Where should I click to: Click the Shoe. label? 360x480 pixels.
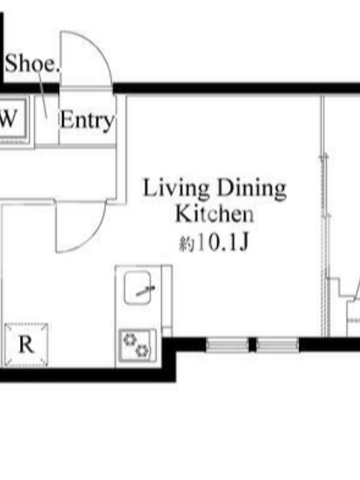coord(32,64)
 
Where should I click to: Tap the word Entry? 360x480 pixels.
coord(87,121)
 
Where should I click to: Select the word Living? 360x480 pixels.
coord(176,189)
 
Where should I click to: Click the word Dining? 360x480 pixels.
coord(251,189)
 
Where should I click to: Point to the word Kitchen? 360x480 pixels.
coord(215,214)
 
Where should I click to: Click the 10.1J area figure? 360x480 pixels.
coord(223,243)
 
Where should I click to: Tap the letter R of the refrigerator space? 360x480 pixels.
coord(26,344)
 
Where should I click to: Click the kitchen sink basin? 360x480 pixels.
coord(138,288)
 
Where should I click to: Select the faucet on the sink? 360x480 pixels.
coord(145,291)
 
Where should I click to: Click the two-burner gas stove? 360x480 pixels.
coord(137,345)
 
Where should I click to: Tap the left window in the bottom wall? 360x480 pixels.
coord(228,345)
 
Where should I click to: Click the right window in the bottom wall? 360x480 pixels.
coord(277,345)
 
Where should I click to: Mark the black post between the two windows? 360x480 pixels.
coord(253,345)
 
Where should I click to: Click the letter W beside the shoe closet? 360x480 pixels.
coord(7,118)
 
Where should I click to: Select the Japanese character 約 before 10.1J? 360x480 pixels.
coord(187,245)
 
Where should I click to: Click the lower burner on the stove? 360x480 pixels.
coord(143,350)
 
